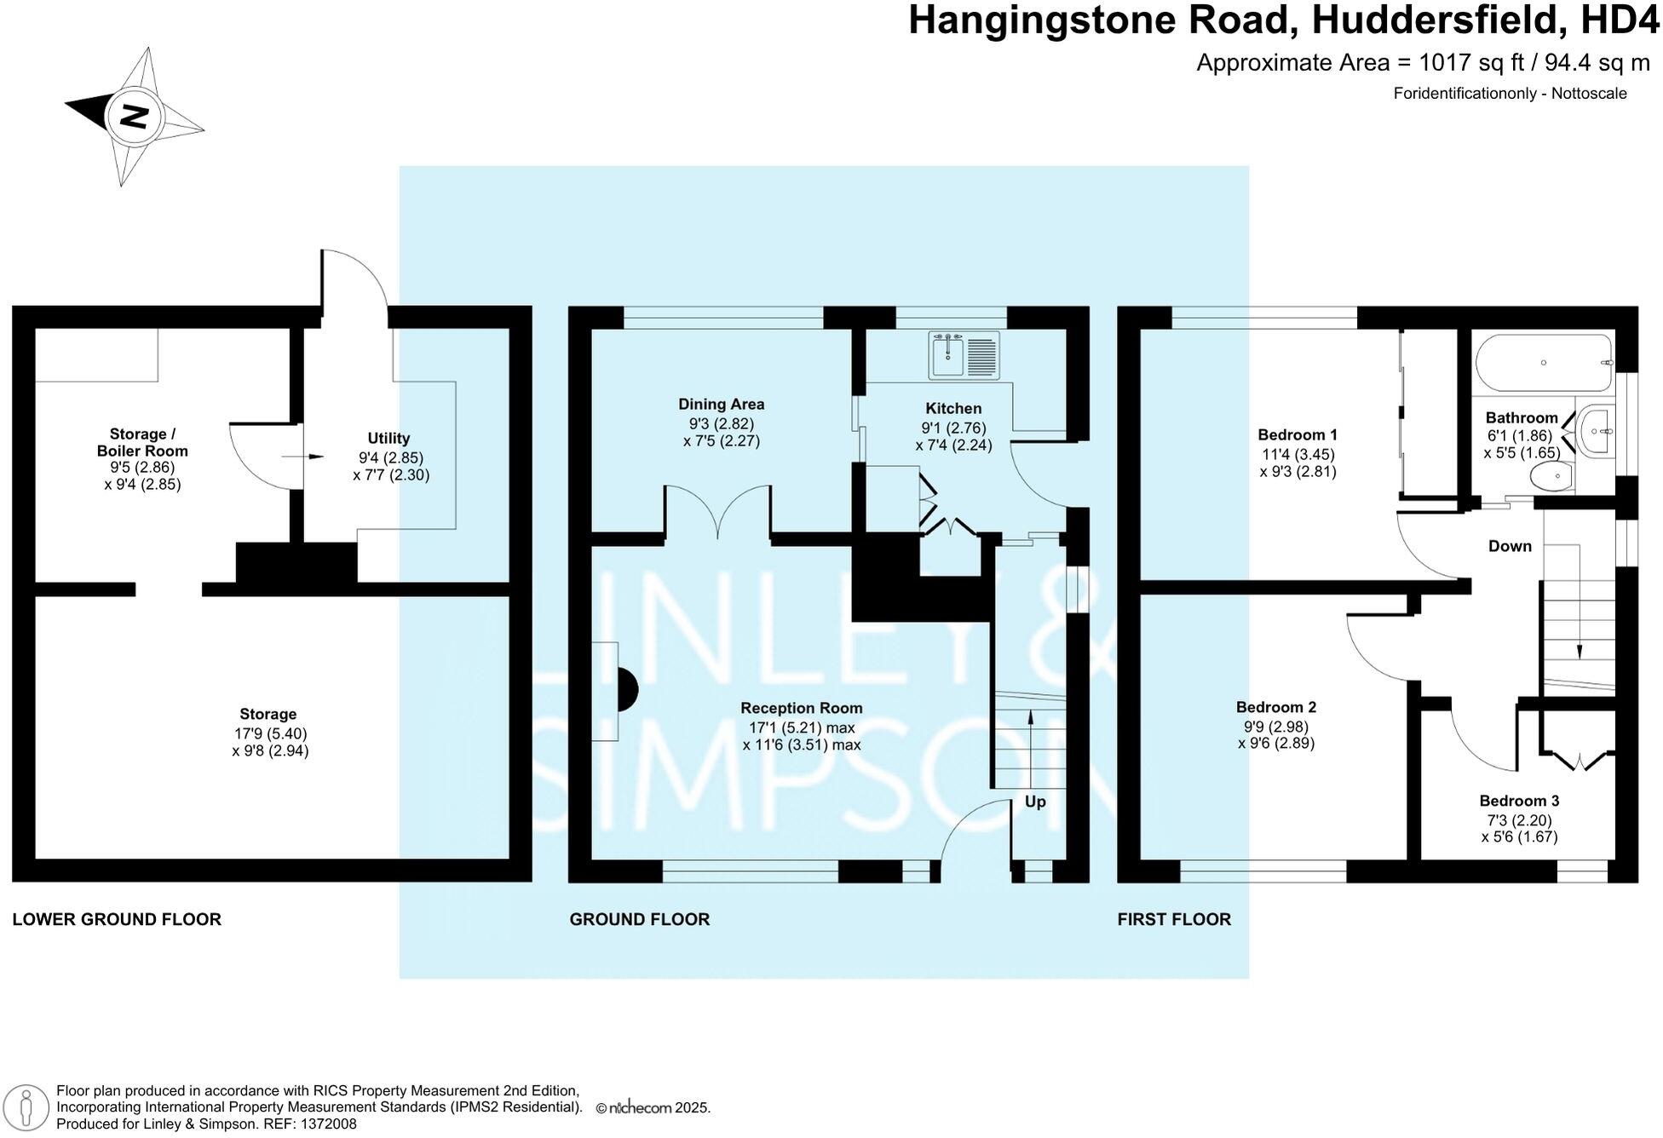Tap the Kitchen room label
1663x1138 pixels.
click(953, 409)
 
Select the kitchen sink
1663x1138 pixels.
click(964, 355)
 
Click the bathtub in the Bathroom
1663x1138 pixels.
click(1544, 363)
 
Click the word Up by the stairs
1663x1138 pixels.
click(1034, 802)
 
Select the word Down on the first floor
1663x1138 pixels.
click(1510, 546)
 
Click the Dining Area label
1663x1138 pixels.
click(721, 405)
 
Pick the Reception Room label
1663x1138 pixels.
click(801, 708)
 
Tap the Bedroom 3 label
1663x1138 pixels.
click(1519, 801)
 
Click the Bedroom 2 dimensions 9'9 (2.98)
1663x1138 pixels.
click(1275, 727)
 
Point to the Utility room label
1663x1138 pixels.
click(388, 439)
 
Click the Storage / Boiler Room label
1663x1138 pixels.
click(142, 443)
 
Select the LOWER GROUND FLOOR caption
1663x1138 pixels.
click(117, 919)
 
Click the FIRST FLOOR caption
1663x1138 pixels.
click(1174, 919)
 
